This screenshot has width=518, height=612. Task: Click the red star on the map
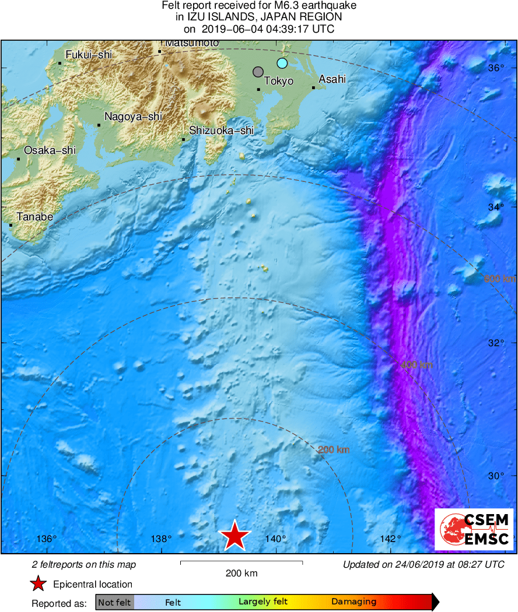point(235,535)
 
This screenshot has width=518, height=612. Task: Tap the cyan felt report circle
point(282,63)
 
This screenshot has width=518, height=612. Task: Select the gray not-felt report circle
point(258,72)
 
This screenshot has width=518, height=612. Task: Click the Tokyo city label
point(279,82)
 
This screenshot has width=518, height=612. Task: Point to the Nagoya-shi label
point(133,117)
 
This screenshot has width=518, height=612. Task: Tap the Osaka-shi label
point(50,150)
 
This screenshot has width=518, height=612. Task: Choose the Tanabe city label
point(35,217)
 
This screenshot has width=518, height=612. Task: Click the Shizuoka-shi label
point(222,131)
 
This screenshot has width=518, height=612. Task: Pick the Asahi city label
point(332,79)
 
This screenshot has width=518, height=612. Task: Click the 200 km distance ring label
point(334,449)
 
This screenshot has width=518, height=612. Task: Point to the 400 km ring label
point(417,365)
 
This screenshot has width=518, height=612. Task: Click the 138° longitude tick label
point(161,539)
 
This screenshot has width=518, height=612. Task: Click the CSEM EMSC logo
point(473,529)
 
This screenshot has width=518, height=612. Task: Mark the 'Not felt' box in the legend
point(114,602)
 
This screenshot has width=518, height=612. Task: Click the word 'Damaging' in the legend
point(353,602)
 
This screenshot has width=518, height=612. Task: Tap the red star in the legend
point(38,584)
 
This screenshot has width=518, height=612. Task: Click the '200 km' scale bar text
point(242,574)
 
